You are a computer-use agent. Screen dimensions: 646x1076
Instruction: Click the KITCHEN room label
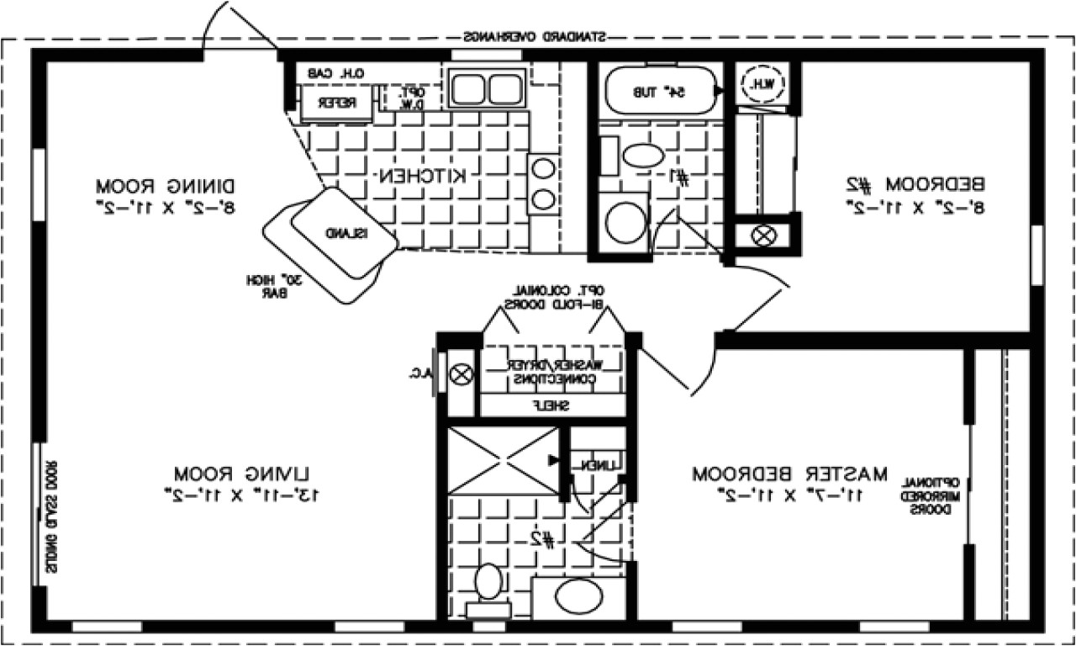421,176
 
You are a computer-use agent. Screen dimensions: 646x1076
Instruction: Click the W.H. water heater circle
763,82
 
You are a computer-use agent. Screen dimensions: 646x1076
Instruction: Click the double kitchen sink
485,88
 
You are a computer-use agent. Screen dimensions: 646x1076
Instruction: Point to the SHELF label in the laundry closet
551,405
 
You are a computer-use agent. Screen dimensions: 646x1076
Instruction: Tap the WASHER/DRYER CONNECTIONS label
551,372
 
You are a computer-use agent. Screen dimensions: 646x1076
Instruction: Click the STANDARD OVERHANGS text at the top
535,38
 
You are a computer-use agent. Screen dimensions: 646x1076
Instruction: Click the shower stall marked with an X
502,461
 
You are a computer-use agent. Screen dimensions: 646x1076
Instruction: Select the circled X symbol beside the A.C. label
461,375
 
